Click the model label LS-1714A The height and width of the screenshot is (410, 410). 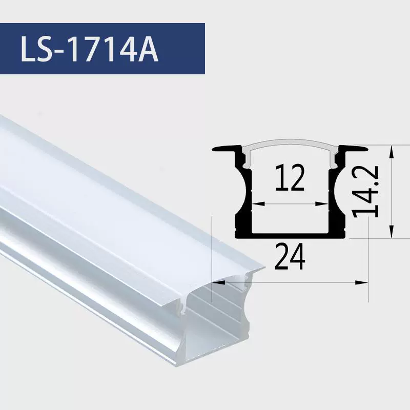tap(89, 49)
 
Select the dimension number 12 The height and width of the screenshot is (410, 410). tap(290, 177)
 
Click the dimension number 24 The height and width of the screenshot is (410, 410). tap(290, 256)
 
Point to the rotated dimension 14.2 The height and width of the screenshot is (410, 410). tap(365, 192)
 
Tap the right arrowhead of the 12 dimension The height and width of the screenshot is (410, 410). tap(322, 203)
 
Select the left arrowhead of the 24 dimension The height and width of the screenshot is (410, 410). tap(219, 282)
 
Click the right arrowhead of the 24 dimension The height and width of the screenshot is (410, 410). tap(362, 282)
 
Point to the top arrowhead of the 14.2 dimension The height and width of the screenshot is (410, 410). tap(391, 152)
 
